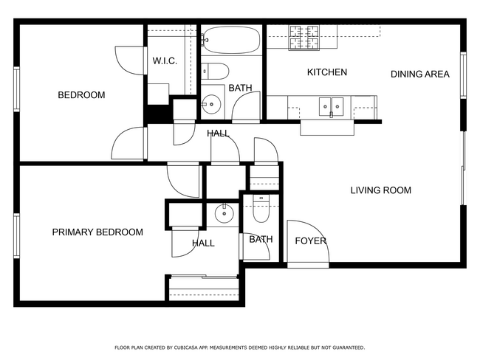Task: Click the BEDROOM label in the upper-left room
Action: click(81, 95)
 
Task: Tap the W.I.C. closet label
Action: click(164, 60)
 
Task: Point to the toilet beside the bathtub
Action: click(217, 72)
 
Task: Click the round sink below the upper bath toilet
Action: click(212, 104)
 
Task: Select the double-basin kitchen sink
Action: click(331, 107)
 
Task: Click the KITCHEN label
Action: click(326, 72)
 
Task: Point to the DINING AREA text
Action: click(419, 74)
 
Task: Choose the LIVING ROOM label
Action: click(380, 190)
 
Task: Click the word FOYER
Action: click(310, 241)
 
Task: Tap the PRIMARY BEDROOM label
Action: click(97, 232)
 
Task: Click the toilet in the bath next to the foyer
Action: click(261, 209)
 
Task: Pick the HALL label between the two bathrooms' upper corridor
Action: click(218, 134)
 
